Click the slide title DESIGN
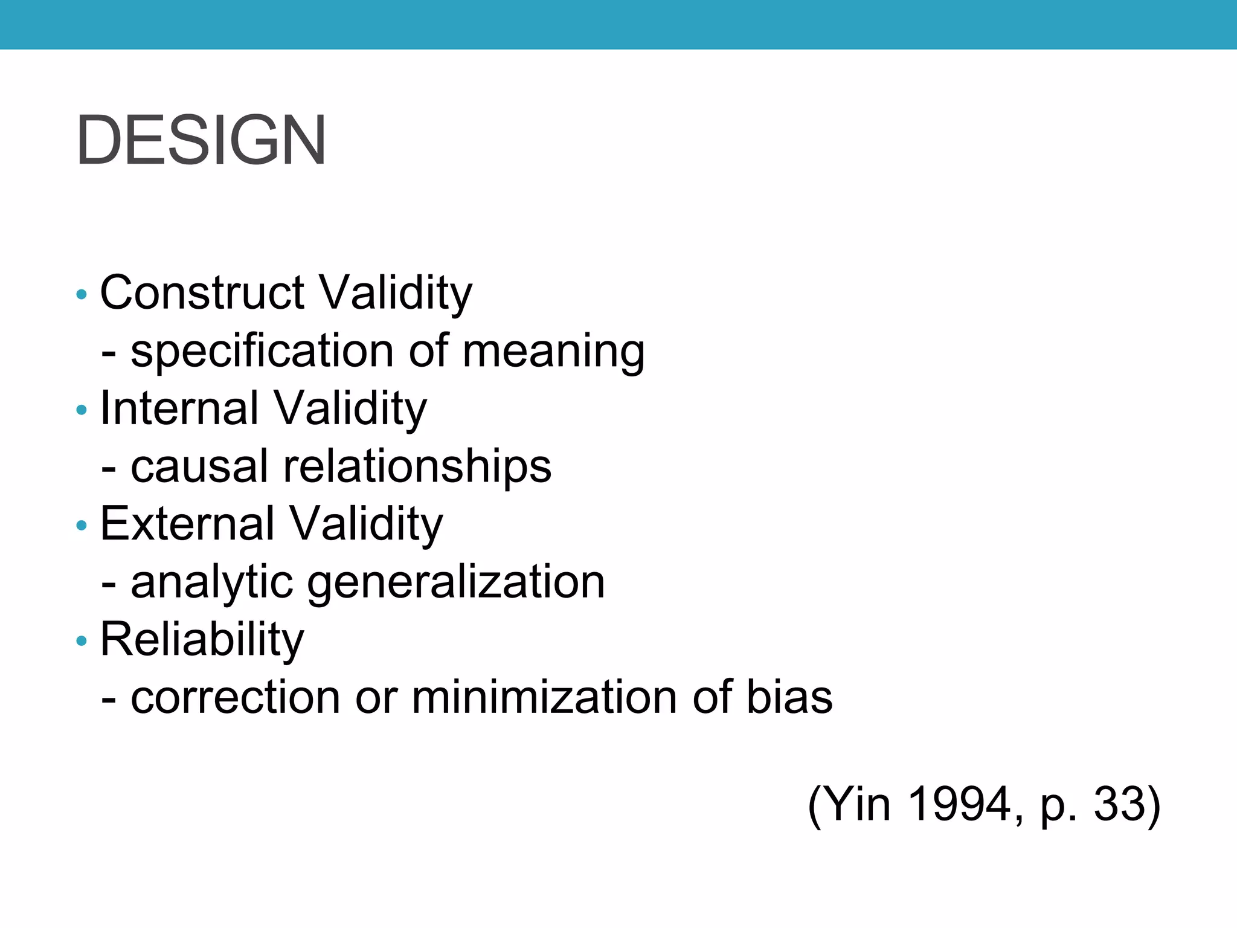coord(201,140)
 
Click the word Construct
coord(202,293)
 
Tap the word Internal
coord(179,408)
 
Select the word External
coord(187,524)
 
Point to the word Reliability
coord(202,640)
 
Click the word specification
coord(262,352)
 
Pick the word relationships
coord(417,466)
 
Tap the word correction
coord(236,698)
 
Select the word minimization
coord(545,698)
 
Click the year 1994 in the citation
coord(959,804)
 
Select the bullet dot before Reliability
coord(82,641)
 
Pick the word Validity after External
coord(366,524)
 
